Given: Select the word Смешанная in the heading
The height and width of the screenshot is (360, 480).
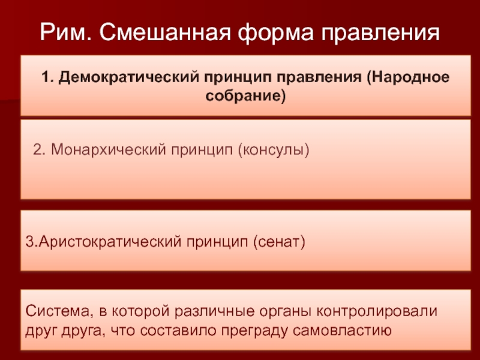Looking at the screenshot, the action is pyautogui.click(x=165, y=32).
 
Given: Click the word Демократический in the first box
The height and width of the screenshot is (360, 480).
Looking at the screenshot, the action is pyautogui.click(x=129, y=77).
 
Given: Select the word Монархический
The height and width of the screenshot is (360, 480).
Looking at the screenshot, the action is pyautogui.click(x=108, y=150).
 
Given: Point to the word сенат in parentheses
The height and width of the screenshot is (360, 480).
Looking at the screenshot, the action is pyautogui.click(x=279, y=242).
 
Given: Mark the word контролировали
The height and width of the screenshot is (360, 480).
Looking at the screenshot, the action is pyautogui.click(x=377, y=311).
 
